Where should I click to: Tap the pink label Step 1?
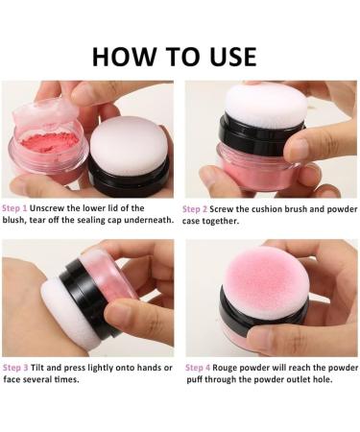pos(15,208)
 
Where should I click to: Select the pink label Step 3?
pos(15,368)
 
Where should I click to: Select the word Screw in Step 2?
pos(229,208)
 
